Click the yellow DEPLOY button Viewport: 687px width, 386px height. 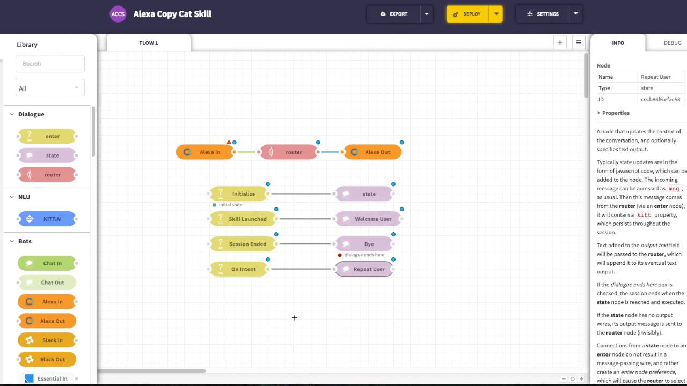(x=467, y=14)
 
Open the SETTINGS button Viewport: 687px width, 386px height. (x=543, y=14)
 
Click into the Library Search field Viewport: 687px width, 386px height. (x=50, y=64)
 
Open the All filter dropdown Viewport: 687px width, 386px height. (x=50, y=88)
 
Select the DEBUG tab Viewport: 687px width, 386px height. (x=673, y=43)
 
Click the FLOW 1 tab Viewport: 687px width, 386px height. (x=149, y=43)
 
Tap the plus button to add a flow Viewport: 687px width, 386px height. (x=560, y=42)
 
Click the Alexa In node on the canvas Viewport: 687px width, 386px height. (x=204, y=152)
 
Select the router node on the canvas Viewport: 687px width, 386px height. (x=289, y=152)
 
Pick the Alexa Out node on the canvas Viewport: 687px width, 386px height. (x=372, y=152)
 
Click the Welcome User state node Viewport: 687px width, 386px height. (x=368, y=219)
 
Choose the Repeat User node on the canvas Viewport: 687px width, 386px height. (x=364, y=269)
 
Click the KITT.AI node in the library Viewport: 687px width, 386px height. (x=47, y=219)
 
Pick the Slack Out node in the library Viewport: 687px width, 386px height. (x=47, y=359)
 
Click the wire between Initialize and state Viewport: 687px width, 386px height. (x=301, y=194)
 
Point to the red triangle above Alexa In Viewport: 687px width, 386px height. (x=229, y=142)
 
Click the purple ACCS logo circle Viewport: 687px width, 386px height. (x=118, y=14)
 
